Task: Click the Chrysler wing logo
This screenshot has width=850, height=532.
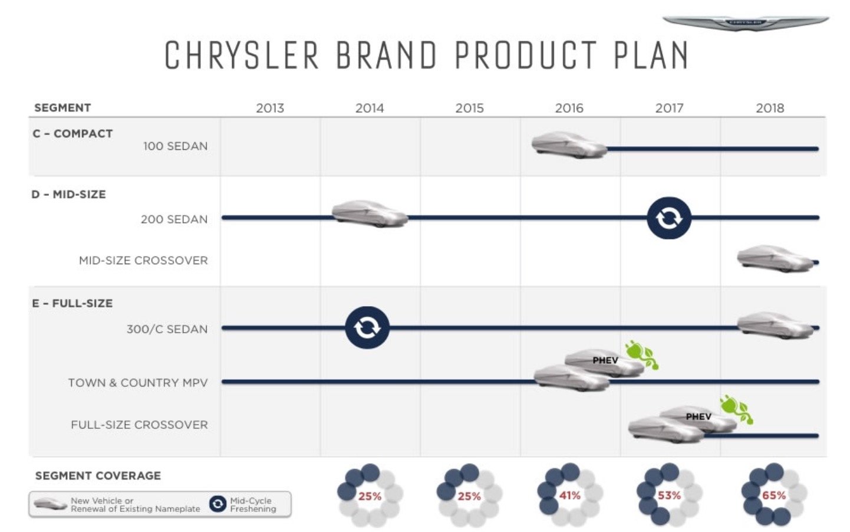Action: click(746, 23)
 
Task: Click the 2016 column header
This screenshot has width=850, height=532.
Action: click(569, 108)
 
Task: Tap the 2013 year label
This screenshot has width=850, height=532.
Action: click(270, 108)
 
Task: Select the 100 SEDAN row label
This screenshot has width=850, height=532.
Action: click(175, 146)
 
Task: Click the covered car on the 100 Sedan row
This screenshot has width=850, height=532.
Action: click(569, 145)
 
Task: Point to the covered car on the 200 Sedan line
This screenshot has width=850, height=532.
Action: click(370, 214)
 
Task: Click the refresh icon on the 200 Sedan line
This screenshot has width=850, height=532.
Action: click(669, 218)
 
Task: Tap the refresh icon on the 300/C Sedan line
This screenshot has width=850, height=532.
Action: click(367, 327)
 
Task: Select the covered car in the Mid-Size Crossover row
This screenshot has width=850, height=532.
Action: click(775, 258)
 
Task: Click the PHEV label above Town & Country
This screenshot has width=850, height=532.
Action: click(605, 360)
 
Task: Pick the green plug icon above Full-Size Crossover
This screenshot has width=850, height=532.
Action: click(737, 409)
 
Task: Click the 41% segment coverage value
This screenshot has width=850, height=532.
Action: click(569, 495)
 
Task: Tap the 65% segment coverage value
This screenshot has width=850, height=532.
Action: click(774, 495)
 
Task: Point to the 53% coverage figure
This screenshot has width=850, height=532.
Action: click(669, 495)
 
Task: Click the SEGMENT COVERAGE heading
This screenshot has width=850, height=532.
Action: click(98, 476)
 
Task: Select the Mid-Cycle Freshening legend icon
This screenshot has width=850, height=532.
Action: click(218, 504)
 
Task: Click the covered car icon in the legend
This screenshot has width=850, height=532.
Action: click(50, 504)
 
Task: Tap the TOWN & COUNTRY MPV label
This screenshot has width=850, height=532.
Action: click(138, 383)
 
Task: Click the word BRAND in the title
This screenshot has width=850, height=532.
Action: click(387, 55)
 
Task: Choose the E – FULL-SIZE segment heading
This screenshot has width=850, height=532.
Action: click(73, 303)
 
